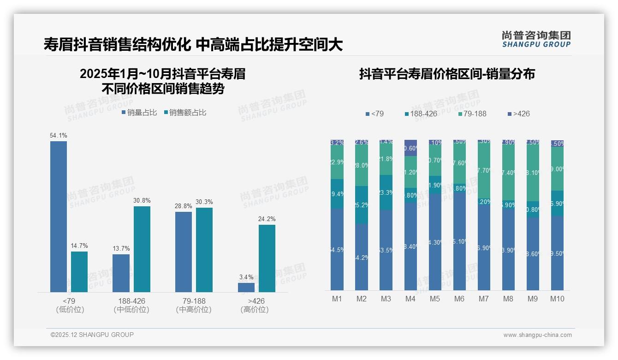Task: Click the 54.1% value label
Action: (58, 136)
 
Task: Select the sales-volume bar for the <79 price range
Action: (59, 216)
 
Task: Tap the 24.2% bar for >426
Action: (267, 258)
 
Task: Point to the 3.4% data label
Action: (246, 277)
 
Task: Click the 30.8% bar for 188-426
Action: (142, 249)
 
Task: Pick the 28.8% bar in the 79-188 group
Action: (184, 252)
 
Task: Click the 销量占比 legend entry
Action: (139, 113)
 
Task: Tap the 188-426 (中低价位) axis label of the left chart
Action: (131, 305)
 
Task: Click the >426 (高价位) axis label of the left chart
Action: (254, 305)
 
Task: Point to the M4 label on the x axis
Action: (410, 299)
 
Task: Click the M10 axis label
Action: (557, 299)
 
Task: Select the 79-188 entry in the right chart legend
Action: (472, 114)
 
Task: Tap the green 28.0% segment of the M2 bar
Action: (362, 166)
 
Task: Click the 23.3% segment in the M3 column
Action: (386, 192)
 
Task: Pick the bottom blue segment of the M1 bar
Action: (337, 249)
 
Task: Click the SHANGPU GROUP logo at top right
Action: (536, 39)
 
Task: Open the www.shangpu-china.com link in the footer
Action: (537, 335)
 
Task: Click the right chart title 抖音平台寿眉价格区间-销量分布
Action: (446, 74)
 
